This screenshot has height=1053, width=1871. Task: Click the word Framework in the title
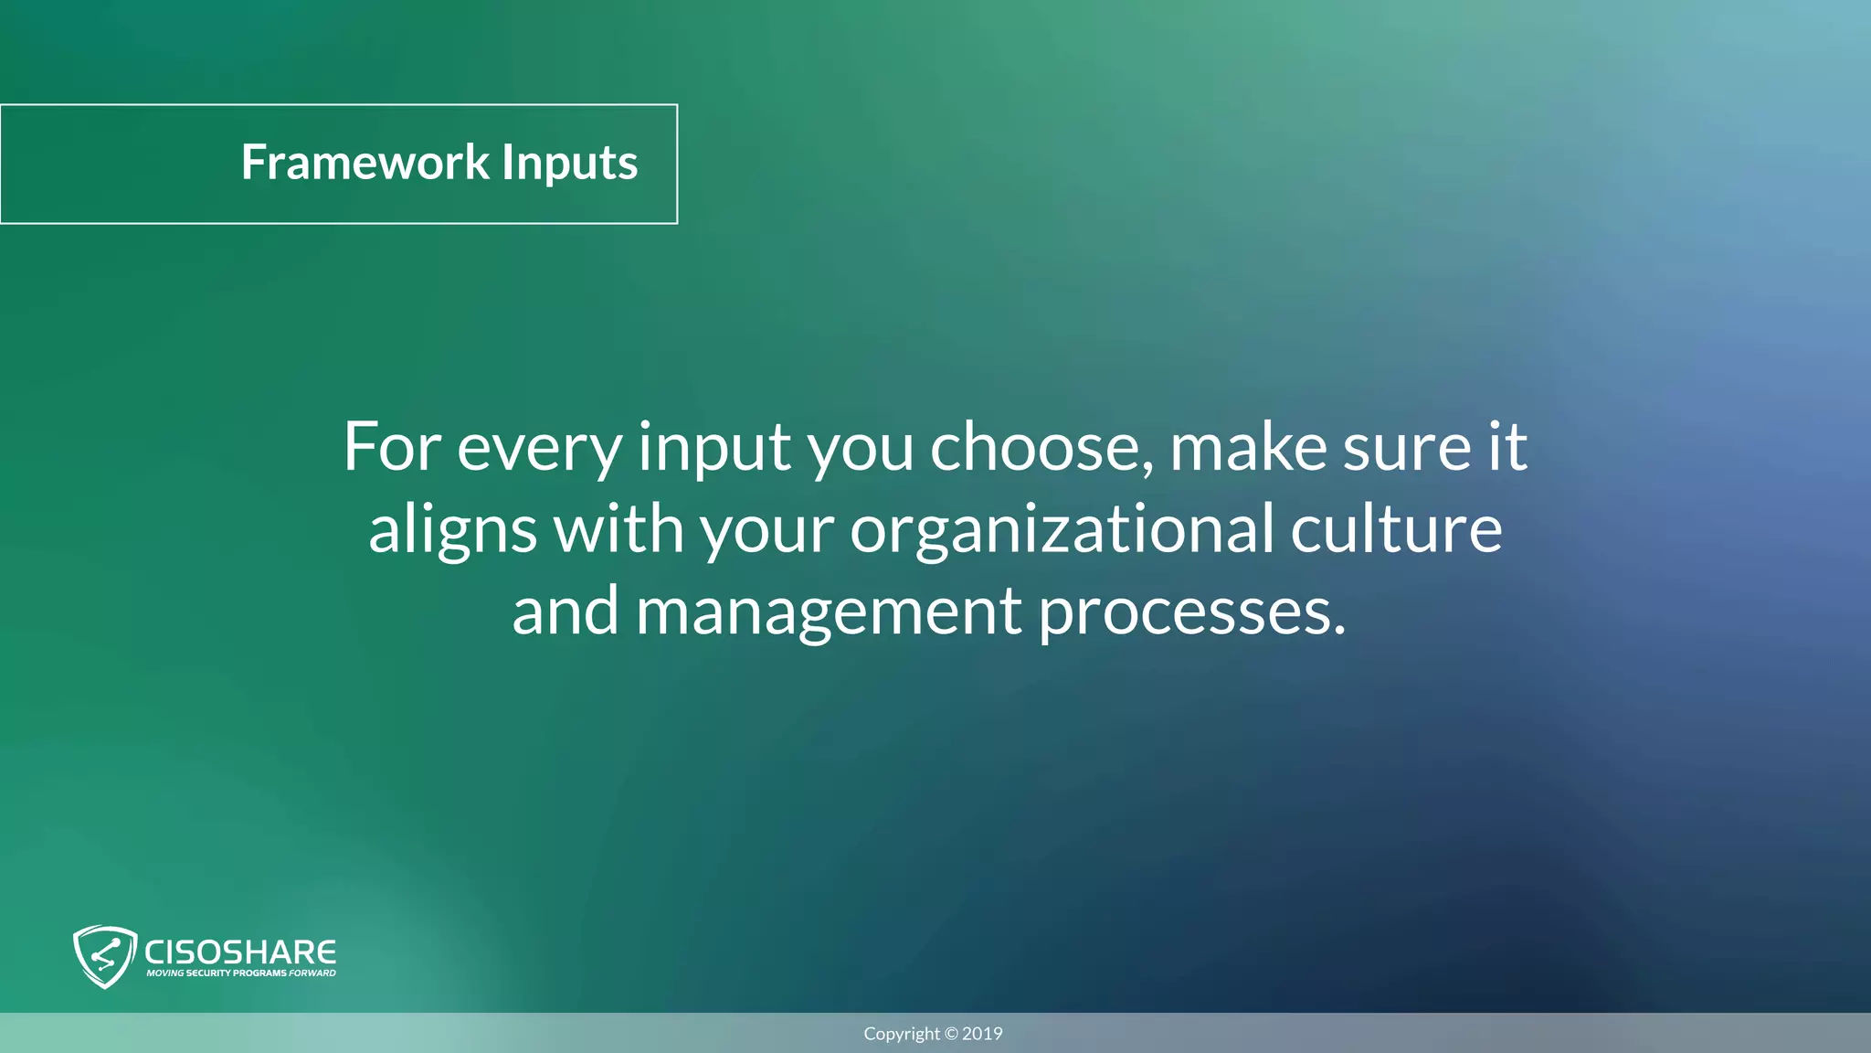(365, 163)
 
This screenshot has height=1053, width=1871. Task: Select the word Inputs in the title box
(569, 165)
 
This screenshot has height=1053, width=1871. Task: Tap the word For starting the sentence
(392, 447)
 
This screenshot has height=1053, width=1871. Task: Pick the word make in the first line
(1248, 447)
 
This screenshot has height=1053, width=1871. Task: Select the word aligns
(452, 530)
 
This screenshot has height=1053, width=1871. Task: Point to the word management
(829, 612)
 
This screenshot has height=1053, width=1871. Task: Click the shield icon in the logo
(104, 956)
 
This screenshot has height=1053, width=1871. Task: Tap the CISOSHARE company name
(240, 952)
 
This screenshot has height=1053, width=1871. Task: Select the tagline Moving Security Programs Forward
(241, 973)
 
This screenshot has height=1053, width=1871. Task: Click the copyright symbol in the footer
(951, 1034)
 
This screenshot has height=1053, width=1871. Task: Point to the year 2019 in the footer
(982, 1034)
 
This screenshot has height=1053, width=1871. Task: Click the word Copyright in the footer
(902, 1034)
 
